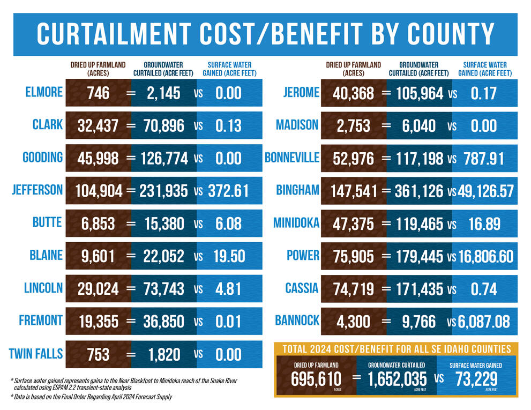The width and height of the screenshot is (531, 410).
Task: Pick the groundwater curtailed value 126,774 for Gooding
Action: [x=164, y=159]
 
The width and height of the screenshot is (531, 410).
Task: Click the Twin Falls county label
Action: [x=36, y=354]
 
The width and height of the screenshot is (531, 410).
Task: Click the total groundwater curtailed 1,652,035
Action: [x=397, y=379]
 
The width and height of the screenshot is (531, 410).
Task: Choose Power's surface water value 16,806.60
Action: [x=485, y=256]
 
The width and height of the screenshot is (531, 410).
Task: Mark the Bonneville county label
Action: [x=292, y=158]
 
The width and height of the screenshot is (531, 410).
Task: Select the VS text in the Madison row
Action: [x=452, y=126]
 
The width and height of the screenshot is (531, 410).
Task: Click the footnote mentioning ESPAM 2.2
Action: [x=123, y=383]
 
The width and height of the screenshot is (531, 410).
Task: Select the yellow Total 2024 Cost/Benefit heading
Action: [x=397, y=349]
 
